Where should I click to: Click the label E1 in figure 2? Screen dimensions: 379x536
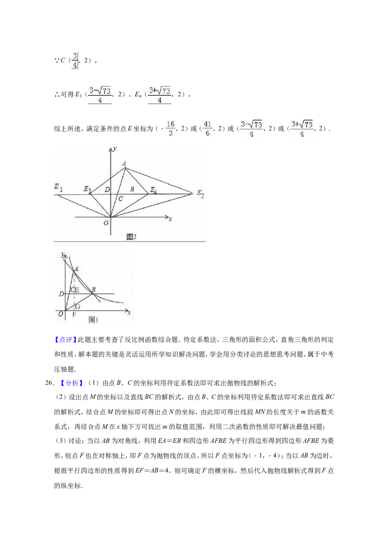coord(58,188)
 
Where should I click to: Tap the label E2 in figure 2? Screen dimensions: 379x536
coord(200,194)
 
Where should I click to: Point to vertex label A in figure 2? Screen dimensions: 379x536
coord(124,164)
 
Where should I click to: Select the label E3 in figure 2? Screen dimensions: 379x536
coord(88,189)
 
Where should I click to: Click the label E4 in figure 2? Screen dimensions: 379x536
coord(153,190)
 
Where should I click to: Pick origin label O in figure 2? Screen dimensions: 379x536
coord(106,223)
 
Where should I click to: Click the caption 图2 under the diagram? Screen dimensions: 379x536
coord(131,237)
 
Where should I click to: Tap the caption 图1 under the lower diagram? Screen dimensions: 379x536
coord(93,320)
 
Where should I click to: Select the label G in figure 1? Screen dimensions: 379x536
coord(78,306)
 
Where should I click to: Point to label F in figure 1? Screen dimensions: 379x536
coord(74,314)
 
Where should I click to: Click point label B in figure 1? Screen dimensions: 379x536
coord(94,289)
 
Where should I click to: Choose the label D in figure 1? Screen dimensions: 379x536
coord(61,294)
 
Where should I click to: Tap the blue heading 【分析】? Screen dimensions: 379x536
coord(72,383)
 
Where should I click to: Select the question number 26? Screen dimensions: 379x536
coord(50,383)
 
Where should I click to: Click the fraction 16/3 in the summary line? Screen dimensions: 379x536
coord(171,128)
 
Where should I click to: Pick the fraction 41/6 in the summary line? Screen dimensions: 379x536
coord(208,128)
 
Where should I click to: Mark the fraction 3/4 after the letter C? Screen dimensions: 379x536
coord(75,61)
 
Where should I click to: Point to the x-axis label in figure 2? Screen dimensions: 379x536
coord(170,219)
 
